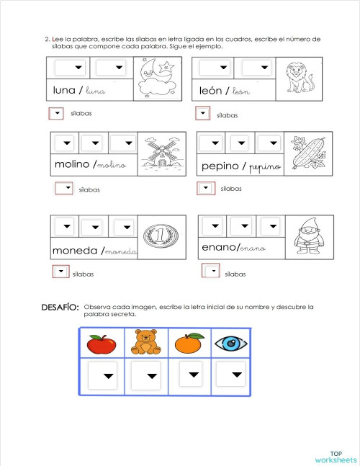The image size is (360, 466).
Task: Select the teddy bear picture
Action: point(146,344)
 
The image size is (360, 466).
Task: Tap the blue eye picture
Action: point(231,344)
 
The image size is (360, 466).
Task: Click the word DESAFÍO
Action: point(60,308)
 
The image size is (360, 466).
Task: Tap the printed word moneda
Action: point(75,251)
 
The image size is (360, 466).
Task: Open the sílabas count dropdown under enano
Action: point(210,272)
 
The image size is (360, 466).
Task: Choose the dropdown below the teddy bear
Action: point(148,376)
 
